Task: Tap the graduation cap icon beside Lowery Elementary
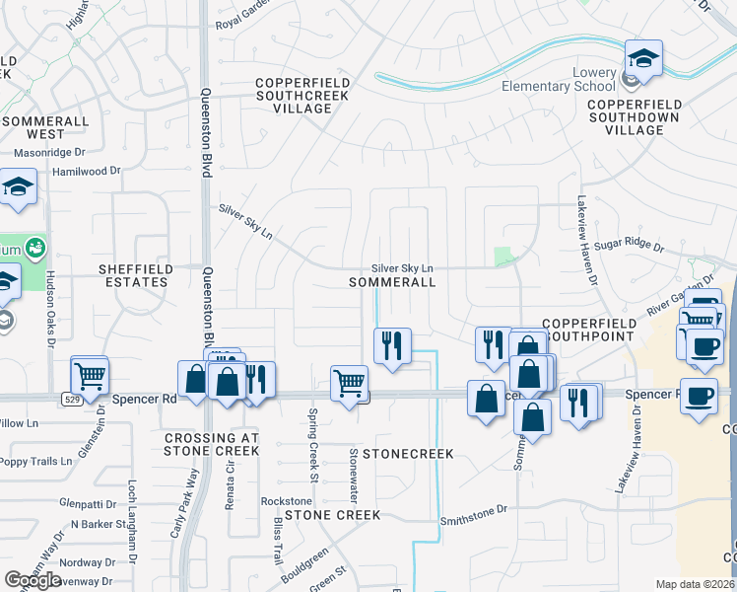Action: click(x=643, y=59)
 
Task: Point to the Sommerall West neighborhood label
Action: click(x=45, y=127)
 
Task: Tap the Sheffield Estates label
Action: click(x=136, y=275)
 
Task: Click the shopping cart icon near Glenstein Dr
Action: click(x=90, y=375)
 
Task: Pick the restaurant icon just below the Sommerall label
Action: click(x=392, y=345)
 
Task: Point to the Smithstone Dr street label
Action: click(x=473, y=510)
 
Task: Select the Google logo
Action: click(x=33, y=579)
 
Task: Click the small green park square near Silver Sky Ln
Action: click(x=504, y=257)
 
